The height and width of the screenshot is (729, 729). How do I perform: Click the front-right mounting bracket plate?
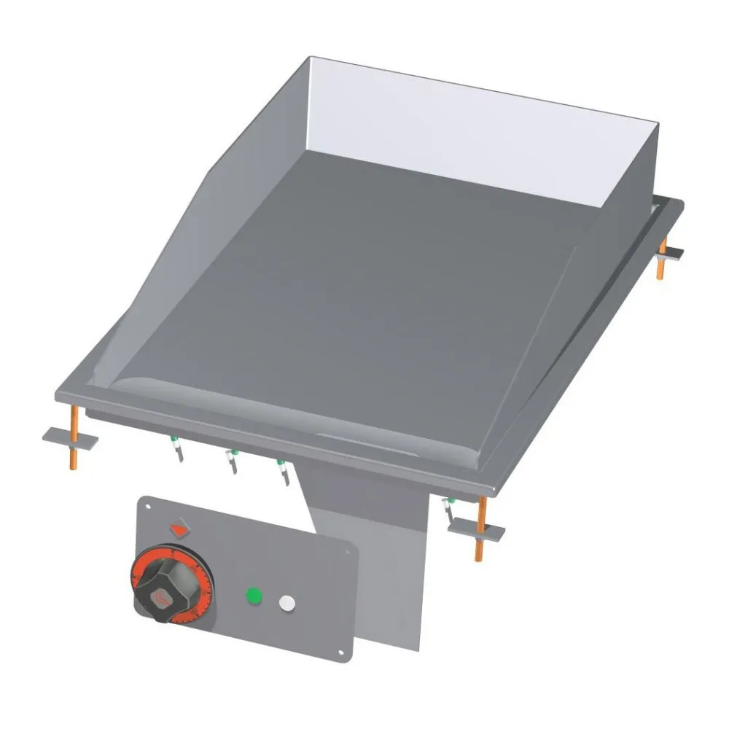tap(476, 531)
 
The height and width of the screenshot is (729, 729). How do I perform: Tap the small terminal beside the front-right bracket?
tap(449, 509)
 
